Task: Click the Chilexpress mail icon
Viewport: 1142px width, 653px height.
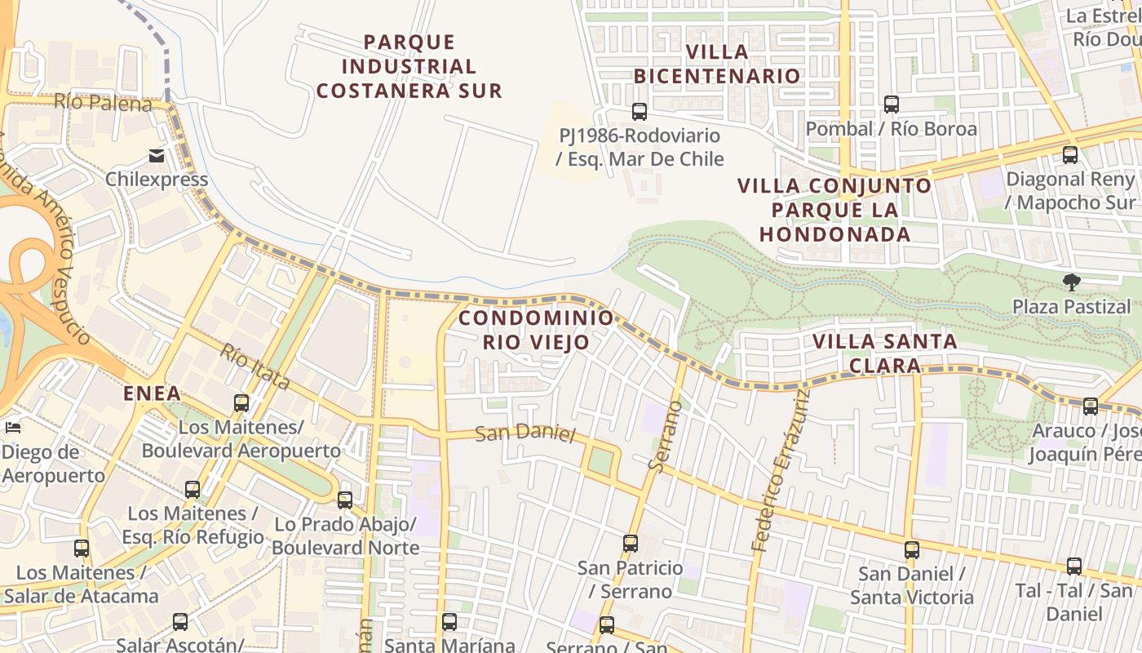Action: (156, 155)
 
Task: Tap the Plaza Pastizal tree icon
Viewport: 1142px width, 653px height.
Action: (1072, 282)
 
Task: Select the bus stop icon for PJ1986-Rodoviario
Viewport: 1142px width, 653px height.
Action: (640, 111)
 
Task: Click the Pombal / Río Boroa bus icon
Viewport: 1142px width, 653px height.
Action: (892, 104)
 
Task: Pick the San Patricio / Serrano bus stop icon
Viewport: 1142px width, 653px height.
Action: (630, 543)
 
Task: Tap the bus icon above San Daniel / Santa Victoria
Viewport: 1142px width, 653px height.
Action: (912, 550)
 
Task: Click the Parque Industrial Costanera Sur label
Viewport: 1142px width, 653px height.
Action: (409, 66)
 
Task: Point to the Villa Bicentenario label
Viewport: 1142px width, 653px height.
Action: (717, 64)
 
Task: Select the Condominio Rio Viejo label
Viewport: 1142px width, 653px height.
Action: (536, 330)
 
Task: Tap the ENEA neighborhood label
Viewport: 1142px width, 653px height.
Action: (152, 393)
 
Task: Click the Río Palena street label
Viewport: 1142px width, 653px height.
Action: (103, 104)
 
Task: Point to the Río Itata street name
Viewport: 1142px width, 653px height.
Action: (255, 366)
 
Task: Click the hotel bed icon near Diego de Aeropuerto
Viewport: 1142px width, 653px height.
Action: (12, 427)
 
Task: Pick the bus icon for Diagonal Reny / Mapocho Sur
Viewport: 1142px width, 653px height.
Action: (1070, 155)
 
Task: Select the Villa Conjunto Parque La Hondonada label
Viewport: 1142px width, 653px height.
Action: (834, 210)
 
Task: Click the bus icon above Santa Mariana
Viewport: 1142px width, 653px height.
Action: (449, 622)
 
